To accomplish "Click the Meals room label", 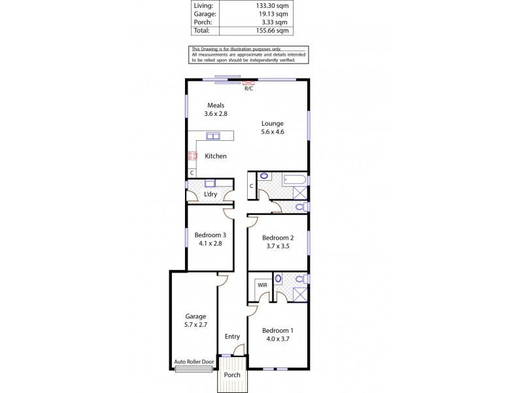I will (x=216, y=105).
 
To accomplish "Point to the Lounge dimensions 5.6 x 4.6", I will (x=273, y=132).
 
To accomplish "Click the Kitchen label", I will (x=216, y=156).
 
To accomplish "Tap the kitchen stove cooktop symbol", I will (x=193, y=157).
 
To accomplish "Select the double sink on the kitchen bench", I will (x=213, y=136).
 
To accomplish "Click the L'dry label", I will (x=211, y=195).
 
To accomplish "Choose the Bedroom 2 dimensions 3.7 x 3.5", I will (x=275, y=247).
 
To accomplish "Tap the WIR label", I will (x=262, y=286).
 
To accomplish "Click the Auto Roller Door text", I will (x=194, y=361).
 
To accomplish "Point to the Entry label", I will (x=232, y=337).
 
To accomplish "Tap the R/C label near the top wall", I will (x=248, y=88).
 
